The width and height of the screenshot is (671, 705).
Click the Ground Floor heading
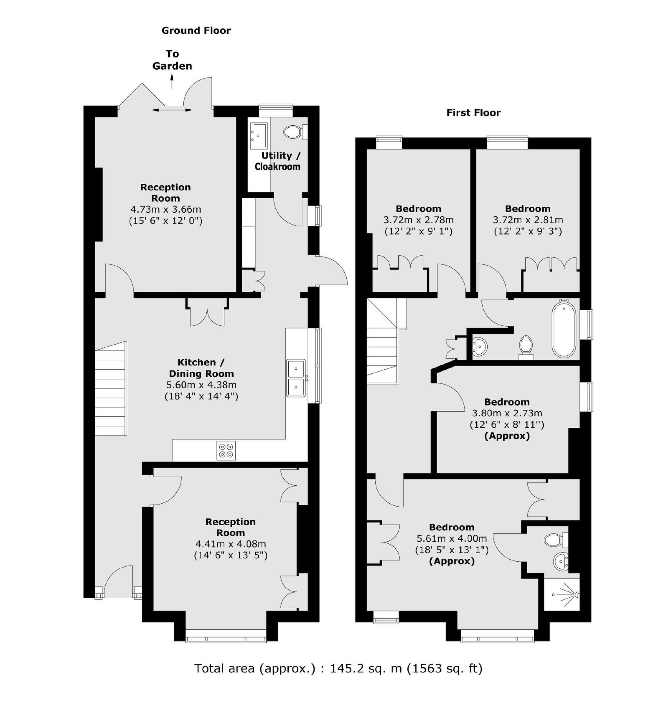196,31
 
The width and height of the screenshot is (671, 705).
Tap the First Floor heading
473,113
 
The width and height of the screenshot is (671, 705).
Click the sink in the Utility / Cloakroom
259,132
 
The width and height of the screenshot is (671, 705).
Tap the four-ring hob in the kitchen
226,450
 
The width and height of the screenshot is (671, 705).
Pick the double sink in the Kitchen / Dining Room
296,378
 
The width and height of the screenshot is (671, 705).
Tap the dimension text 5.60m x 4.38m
201,385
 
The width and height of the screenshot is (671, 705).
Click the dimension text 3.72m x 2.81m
528,220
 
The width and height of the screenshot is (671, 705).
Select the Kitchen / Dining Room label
201,368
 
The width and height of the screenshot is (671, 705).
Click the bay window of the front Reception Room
226,639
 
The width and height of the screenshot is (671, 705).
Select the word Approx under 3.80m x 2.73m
507,436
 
